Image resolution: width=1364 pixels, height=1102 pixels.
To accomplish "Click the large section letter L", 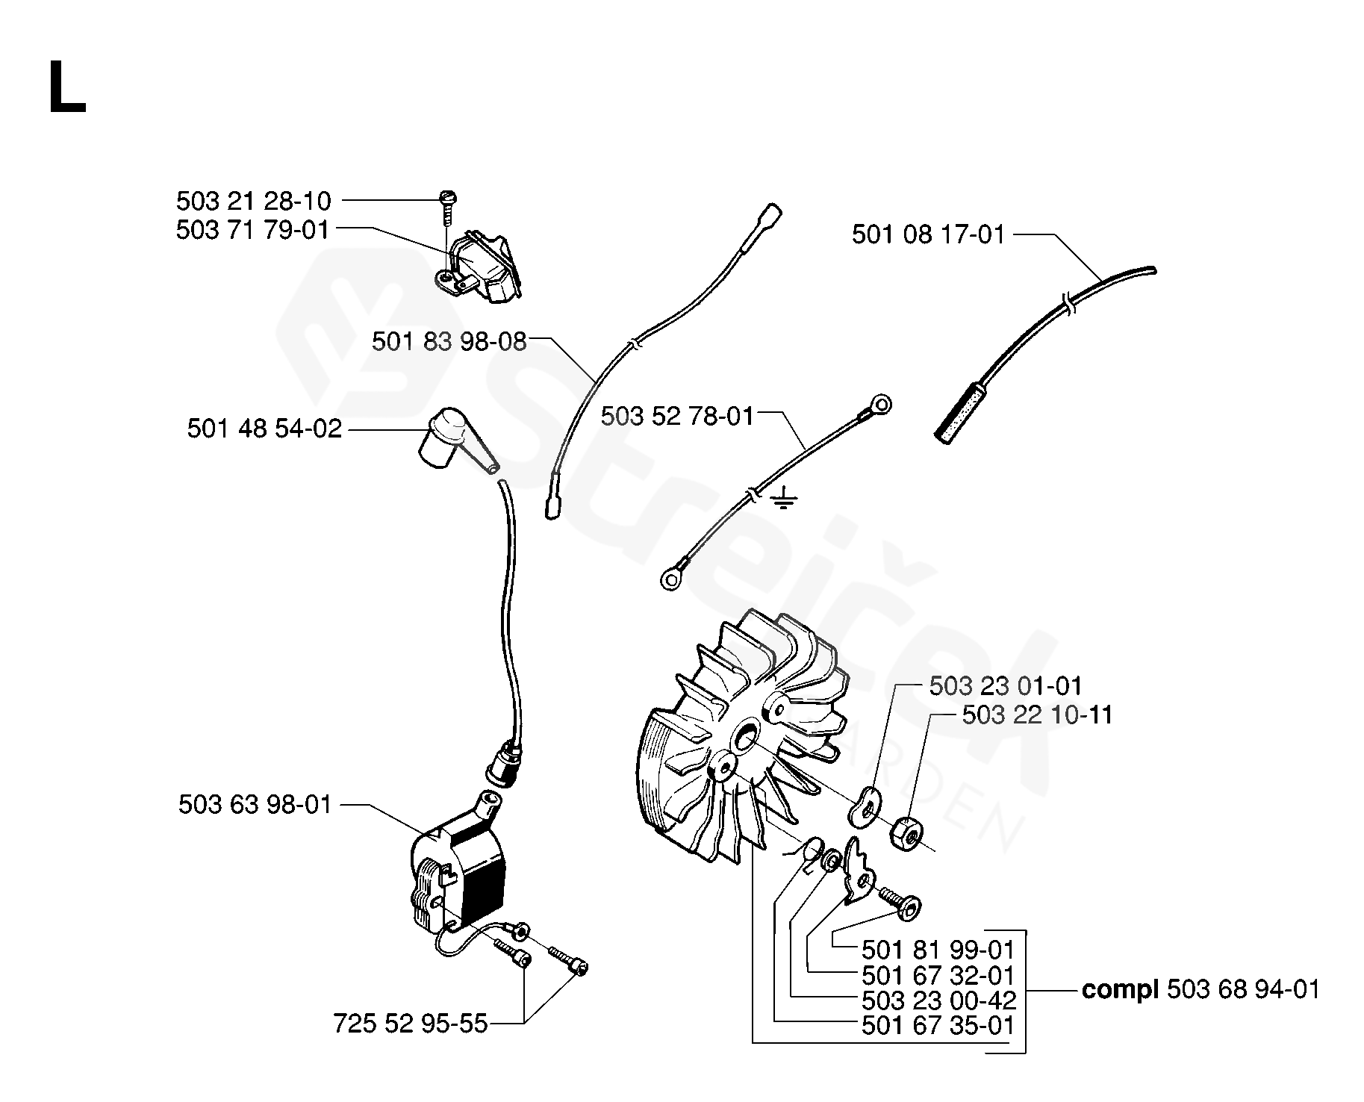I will (x=67, y=88).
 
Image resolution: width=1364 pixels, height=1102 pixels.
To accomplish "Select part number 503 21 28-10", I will (x=253, y=201).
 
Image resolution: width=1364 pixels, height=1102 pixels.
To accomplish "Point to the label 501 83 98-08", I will (x=449, y=342).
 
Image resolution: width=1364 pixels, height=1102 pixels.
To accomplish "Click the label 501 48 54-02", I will (x=264, y=429).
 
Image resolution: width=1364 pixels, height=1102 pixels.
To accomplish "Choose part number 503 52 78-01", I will (x=677, y=416).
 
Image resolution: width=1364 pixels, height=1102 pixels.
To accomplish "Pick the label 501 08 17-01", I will (x=928, y=235).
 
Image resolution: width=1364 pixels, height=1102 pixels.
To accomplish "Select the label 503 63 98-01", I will (x=255, y=805).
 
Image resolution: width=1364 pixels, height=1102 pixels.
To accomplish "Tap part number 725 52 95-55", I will (x=410, y=1023).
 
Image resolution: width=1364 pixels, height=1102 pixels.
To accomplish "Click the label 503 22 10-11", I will (x=1037, y=715).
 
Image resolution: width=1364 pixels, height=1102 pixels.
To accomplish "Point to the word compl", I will (x=1120, y=990).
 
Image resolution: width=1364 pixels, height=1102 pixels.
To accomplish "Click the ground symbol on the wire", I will (x=781, y=499).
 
